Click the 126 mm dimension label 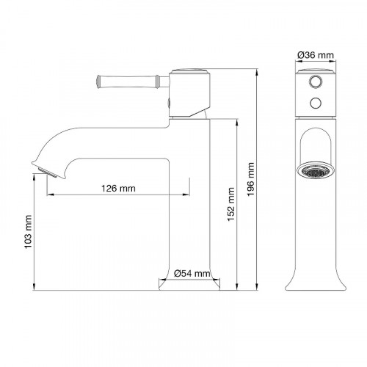point(117,188)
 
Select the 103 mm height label point(29,234)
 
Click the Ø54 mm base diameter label point(193,273)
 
